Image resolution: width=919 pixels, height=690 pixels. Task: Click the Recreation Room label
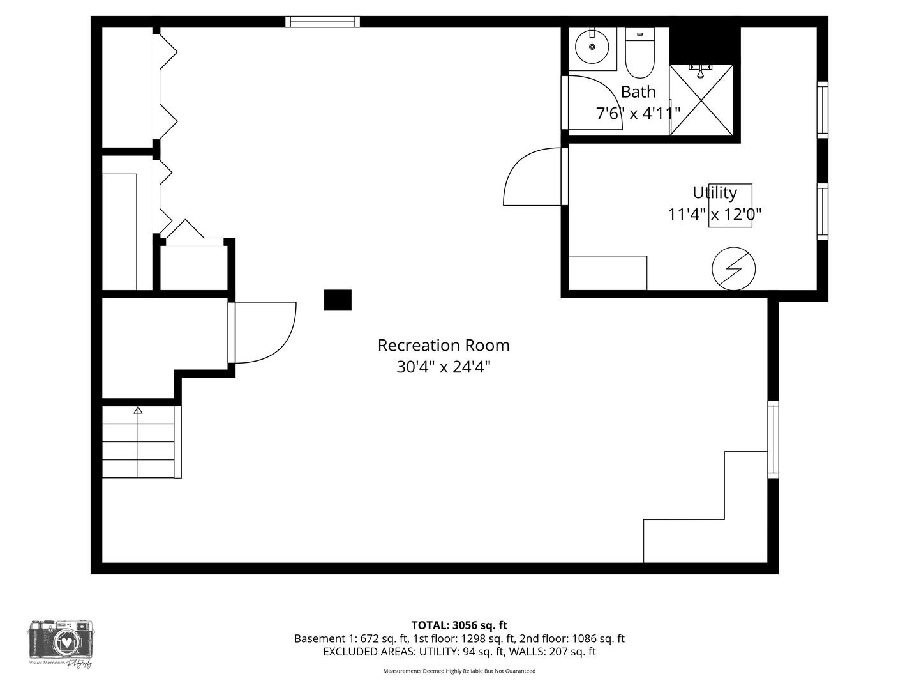(x=444, y=346)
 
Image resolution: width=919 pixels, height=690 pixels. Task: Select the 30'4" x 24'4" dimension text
(x=444, y=367)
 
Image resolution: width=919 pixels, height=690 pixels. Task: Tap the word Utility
(x=715, y=192)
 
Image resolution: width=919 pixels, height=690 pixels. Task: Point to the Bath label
(x=638, y=92)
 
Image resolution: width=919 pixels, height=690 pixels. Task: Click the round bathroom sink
(x=592, y=47)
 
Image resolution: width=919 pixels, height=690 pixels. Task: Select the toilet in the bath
(x=639, y=53)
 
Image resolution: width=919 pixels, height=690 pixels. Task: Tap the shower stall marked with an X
(x=701, y=100)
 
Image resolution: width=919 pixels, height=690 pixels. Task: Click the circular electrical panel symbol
(x=734, y=268)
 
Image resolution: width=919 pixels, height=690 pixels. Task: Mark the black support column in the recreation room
(x=338, y=300)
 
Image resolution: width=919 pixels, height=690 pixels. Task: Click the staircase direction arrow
(x=138, y=410)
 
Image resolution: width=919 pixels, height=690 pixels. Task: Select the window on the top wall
(x=322, y=22)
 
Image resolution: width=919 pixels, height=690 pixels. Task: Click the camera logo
(x=61, y=641)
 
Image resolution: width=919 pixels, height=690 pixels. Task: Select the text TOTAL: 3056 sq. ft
(x=459, y=625)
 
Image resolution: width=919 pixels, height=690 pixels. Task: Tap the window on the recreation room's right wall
(x=773, y=439)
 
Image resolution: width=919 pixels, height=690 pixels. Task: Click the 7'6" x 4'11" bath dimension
(x=638, y=114)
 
